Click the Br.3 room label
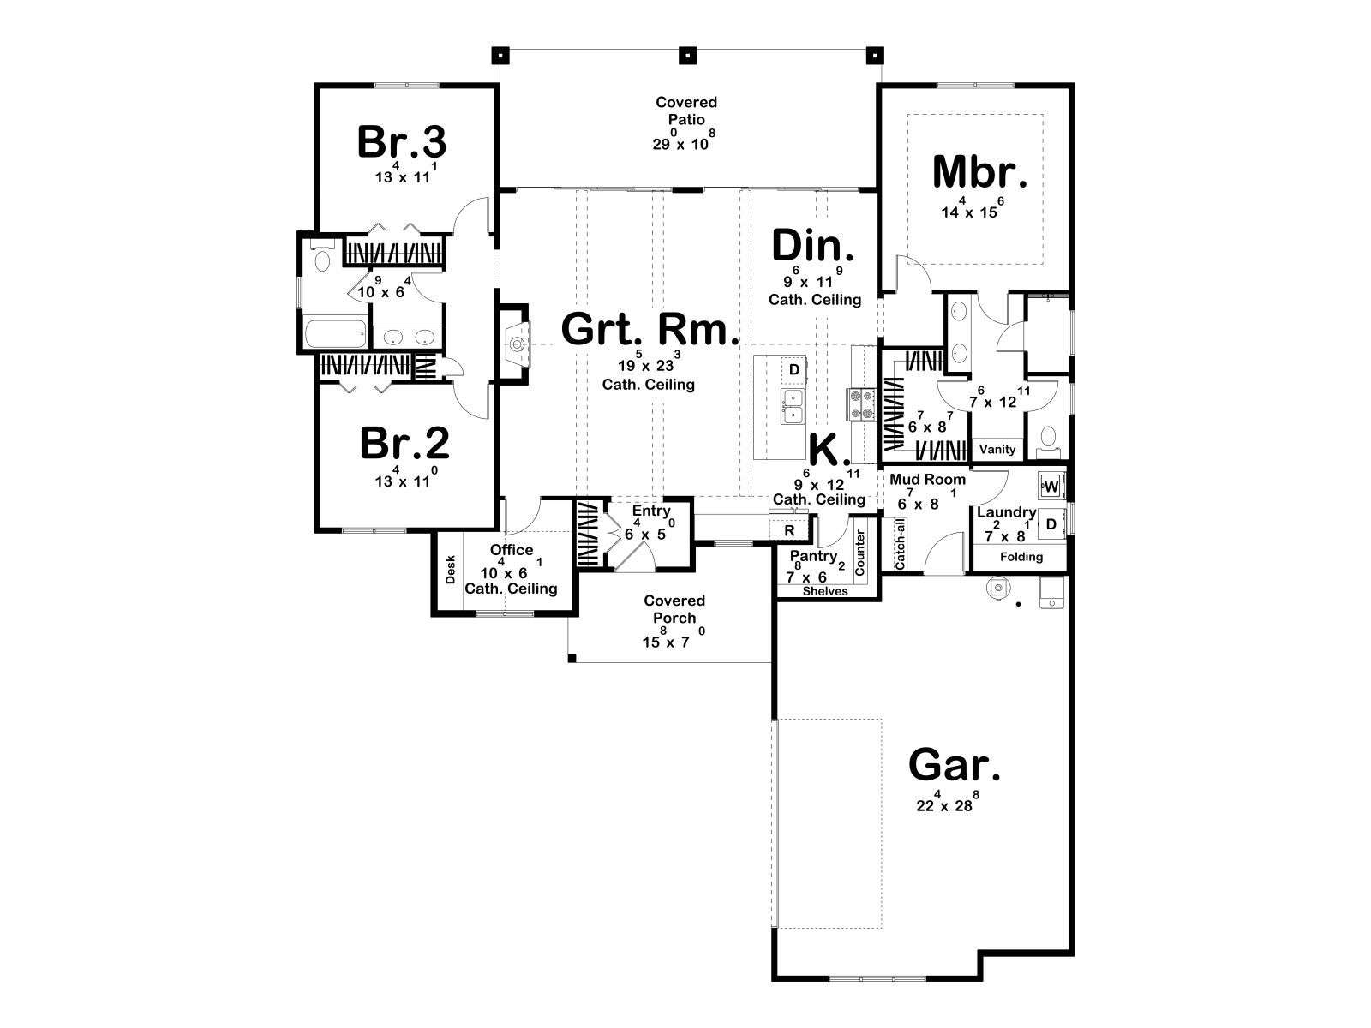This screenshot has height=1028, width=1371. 402,141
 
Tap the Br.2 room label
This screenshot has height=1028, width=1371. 404,443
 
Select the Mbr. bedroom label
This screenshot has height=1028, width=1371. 979,172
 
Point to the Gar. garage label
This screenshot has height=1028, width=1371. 955,765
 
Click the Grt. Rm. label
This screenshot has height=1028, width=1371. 650,329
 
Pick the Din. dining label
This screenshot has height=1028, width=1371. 812,245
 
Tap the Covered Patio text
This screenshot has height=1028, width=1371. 686,111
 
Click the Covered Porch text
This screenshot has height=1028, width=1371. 674,608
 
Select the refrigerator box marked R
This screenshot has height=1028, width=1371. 789,530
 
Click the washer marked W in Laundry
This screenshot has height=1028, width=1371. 1051,487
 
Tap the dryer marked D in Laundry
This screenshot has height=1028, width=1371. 1051,525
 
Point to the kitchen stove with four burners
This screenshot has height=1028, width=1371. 862,403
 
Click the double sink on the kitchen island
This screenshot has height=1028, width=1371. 793,406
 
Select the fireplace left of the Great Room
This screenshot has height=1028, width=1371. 516,344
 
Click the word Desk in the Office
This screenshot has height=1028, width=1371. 451,569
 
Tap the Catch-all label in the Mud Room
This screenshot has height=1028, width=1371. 900,544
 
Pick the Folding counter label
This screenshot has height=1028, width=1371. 1021,557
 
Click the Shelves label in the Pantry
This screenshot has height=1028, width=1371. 825,591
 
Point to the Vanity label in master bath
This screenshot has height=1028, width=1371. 997,450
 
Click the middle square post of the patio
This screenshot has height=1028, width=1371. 687,56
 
